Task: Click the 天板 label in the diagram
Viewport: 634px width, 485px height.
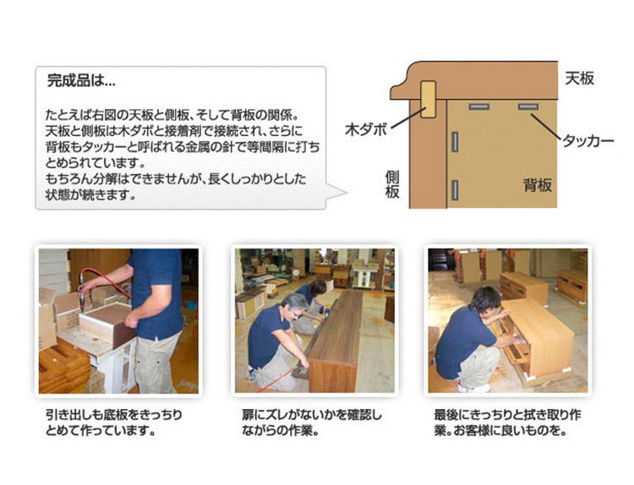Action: coord(579,79)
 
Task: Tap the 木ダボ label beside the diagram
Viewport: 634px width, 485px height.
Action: coord(365,130)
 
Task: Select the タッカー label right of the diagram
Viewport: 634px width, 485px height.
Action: coord(588,141)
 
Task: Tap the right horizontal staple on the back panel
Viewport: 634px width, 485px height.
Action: coord(529,107)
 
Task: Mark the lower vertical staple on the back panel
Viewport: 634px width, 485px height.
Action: coord(455,190)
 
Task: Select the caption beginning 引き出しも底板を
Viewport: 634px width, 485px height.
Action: coord(113,422)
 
